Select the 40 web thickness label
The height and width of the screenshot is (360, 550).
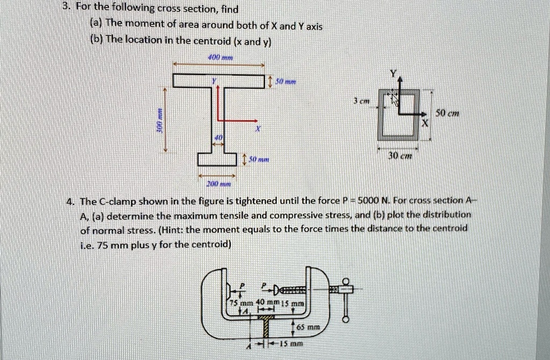pyautogui.click(x=218, y=138)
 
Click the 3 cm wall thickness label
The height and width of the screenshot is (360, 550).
pyautogui.click(x=360, y=100)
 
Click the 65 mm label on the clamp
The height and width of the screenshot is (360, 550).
pyautogui.click(x=310, y=326)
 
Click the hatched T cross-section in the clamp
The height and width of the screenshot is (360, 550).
pyautogui.click(x=265, y=324)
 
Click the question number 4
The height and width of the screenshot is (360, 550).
pyautogui.click(x=70, y=201)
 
